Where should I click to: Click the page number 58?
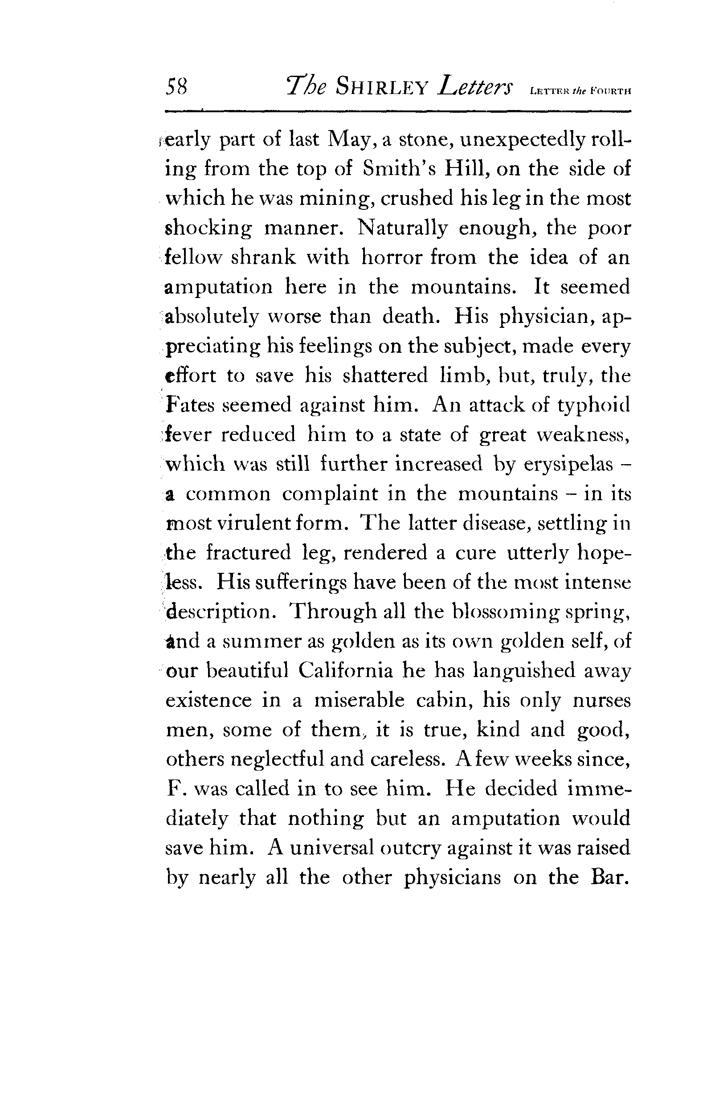(176, 86)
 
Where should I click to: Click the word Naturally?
(402, 228)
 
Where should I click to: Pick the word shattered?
(385, 375)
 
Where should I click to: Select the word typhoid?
(593, 406)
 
